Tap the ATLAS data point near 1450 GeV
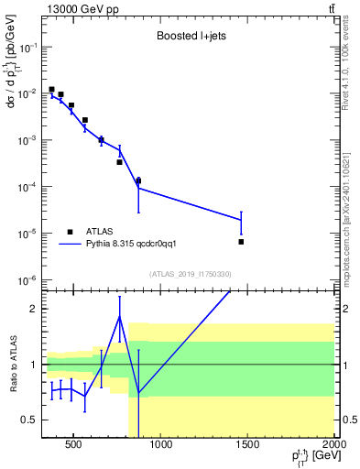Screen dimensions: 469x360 click(x=241, y=242)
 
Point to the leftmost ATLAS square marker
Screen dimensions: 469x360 click(x=51, y=90)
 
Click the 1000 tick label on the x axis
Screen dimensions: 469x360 click(x=160, y=445)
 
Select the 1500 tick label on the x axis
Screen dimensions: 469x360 click(x=247, y=445)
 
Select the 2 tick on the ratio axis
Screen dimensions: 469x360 click(x=34, y=309)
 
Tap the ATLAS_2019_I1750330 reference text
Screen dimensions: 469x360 click(x=190, y=274)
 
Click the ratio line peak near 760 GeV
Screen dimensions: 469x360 click(x=120, y=317)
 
